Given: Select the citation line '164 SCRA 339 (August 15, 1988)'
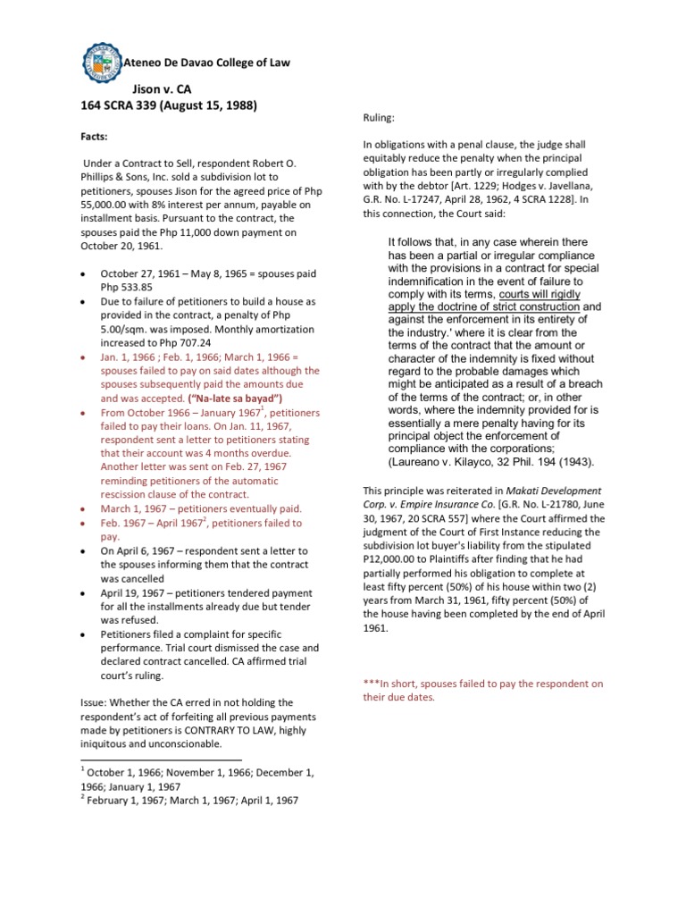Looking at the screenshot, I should (169, 105).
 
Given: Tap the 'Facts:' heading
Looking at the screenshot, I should (96, 138).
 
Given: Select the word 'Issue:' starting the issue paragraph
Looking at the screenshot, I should (96, 678).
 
